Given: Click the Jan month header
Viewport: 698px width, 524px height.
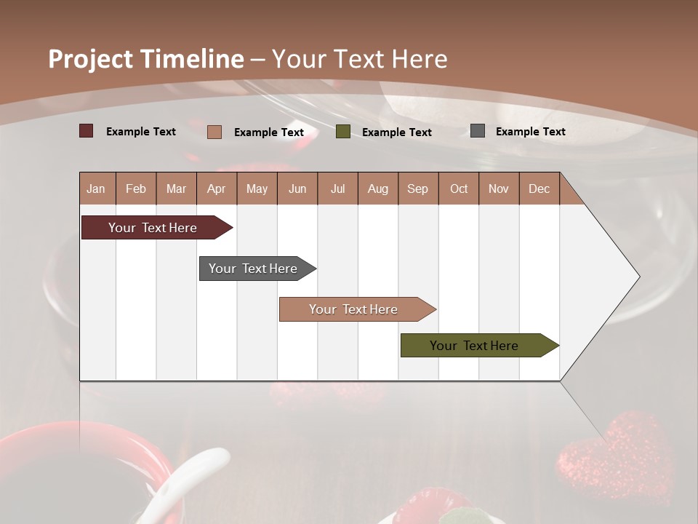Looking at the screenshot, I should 97,188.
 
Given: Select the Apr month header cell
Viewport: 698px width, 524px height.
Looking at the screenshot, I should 217,188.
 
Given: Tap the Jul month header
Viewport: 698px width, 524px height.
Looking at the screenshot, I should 337,188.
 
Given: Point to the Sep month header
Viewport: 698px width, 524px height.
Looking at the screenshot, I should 418,188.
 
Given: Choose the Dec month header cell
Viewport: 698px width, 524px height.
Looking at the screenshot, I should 539,188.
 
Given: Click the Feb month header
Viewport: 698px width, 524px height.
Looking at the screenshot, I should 136,188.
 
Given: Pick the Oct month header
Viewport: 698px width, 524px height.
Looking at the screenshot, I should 459,188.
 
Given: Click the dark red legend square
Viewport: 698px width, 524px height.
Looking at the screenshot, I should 87,131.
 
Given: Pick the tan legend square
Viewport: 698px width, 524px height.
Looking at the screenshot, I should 214,132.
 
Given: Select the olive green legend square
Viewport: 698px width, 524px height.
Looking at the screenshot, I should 343,131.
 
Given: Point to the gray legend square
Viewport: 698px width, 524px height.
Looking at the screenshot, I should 478,131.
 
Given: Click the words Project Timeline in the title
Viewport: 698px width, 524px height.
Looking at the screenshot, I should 146,59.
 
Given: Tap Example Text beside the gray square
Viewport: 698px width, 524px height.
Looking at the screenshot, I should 530,132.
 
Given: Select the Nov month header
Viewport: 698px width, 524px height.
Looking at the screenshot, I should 499,188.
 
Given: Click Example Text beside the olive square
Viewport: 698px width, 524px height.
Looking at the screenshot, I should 396,132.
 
